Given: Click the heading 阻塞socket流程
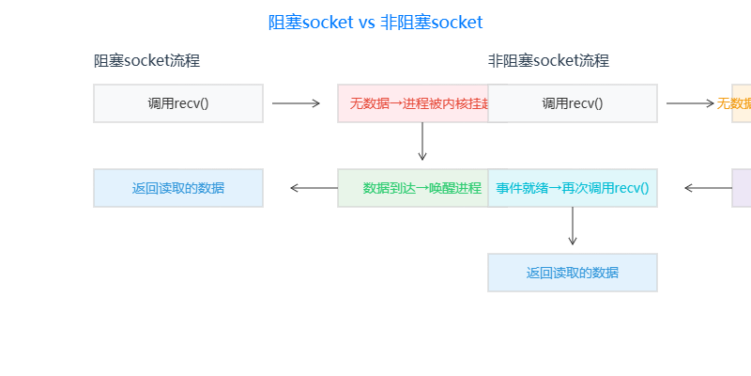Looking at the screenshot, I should pyautogui.click(x=146, y=61).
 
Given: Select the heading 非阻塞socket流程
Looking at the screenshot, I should pyautogui.click(x=548, y=61).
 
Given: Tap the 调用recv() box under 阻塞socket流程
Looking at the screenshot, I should pyautogui.click(x=178, y=103).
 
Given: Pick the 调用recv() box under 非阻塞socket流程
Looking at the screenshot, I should pyautogui.click(x=573, y=103).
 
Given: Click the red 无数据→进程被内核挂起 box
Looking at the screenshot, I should pyautogui.click(x=413, y=103).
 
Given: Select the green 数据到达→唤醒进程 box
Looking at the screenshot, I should pyautogui.click(x=413, y=188).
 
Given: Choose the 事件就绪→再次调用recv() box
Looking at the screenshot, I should pyautogui.click(x=573, y=188).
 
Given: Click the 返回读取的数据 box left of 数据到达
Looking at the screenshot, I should pyautogui.click(x=178, y=188).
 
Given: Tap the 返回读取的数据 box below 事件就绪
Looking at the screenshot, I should pyautogui.click(x=573, y=273).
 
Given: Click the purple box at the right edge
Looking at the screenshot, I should pyautogui.click(x=742, y=188).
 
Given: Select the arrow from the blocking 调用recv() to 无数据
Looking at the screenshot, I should pyautogui.click(x=297, y=103).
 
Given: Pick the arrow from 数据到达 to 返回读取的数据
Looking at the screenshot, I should pyautogui.click(x=314, y=188).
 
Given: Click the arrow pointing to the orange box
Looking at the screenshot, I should pyautogui.click(x=691, y=103).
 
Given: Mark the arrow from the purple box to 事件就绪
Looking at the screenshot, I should pyautogui.click(x=708, y=188).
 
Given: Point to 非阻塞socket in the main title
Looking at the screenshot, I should pyautogui.click(x=432, y=23).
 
